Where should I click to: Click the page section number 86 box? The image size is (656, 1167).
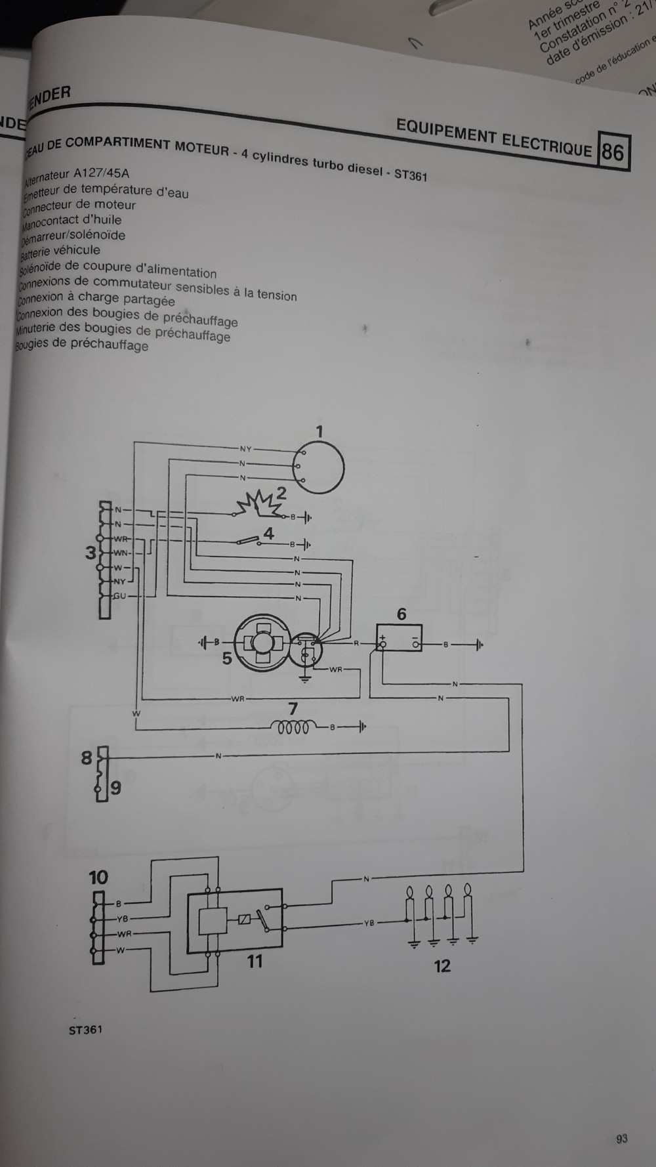(x=612, y=152)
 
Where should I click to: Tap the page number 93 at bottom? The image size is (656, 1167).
(x=622, y=1138)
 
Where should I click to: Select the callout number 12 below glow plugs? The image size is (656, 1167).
(x=442, y=965)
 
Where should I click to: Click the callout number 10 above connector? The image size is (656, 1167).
(x=98, y=878)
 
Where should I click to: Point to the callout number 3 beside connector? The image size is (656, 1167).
(x=91, y=553)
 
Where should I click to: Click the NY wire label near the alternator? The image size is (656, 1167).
(x=245, y=449)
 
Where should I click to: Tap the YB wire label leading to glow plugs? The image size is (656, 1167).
(x=369, y=923)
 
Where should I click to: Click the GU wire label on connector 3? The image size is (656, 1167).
(x=119, y=595)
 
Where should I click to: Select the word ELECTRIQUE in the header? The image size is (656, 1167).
(x=546, y=143)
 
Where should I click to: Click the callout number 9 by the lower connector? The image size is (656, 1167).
(x=115, y=788)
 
